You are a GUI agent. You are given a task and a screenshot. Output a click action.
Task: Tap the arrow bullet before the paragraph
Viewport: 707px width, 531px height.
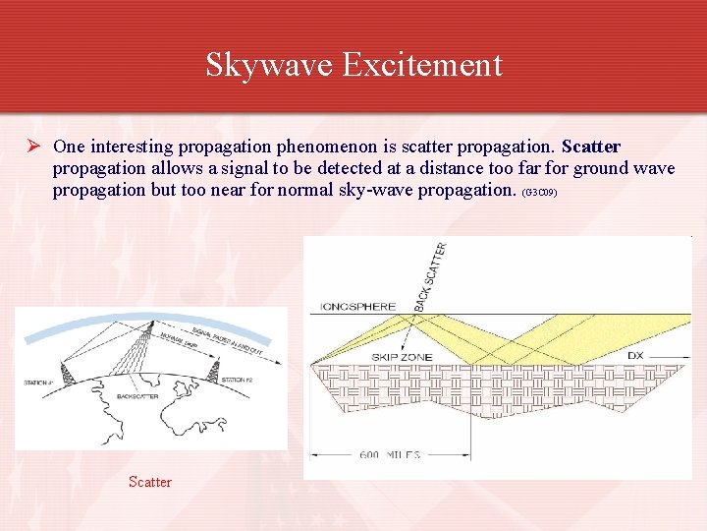tap(32, 147)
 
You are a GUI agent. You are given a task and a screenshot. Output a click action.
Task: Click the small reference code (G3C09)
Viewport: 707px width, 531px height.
tap(540, 193)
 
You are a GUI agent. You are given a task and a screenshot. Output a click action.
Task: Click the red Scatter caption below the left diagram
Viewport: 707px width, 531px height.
tap(150, 482)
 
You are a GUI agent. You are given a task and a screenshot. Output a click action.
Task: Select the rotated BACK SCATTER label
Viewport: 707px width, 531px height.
tap(430, 276)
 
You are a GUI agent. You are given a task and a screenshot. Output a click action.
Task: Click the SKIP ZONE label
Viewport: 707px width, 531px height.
tap(397, 356)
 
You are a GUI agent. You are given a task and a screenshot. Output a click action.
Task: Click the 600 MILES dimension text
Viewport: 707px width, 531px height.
tap(389, 454)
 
